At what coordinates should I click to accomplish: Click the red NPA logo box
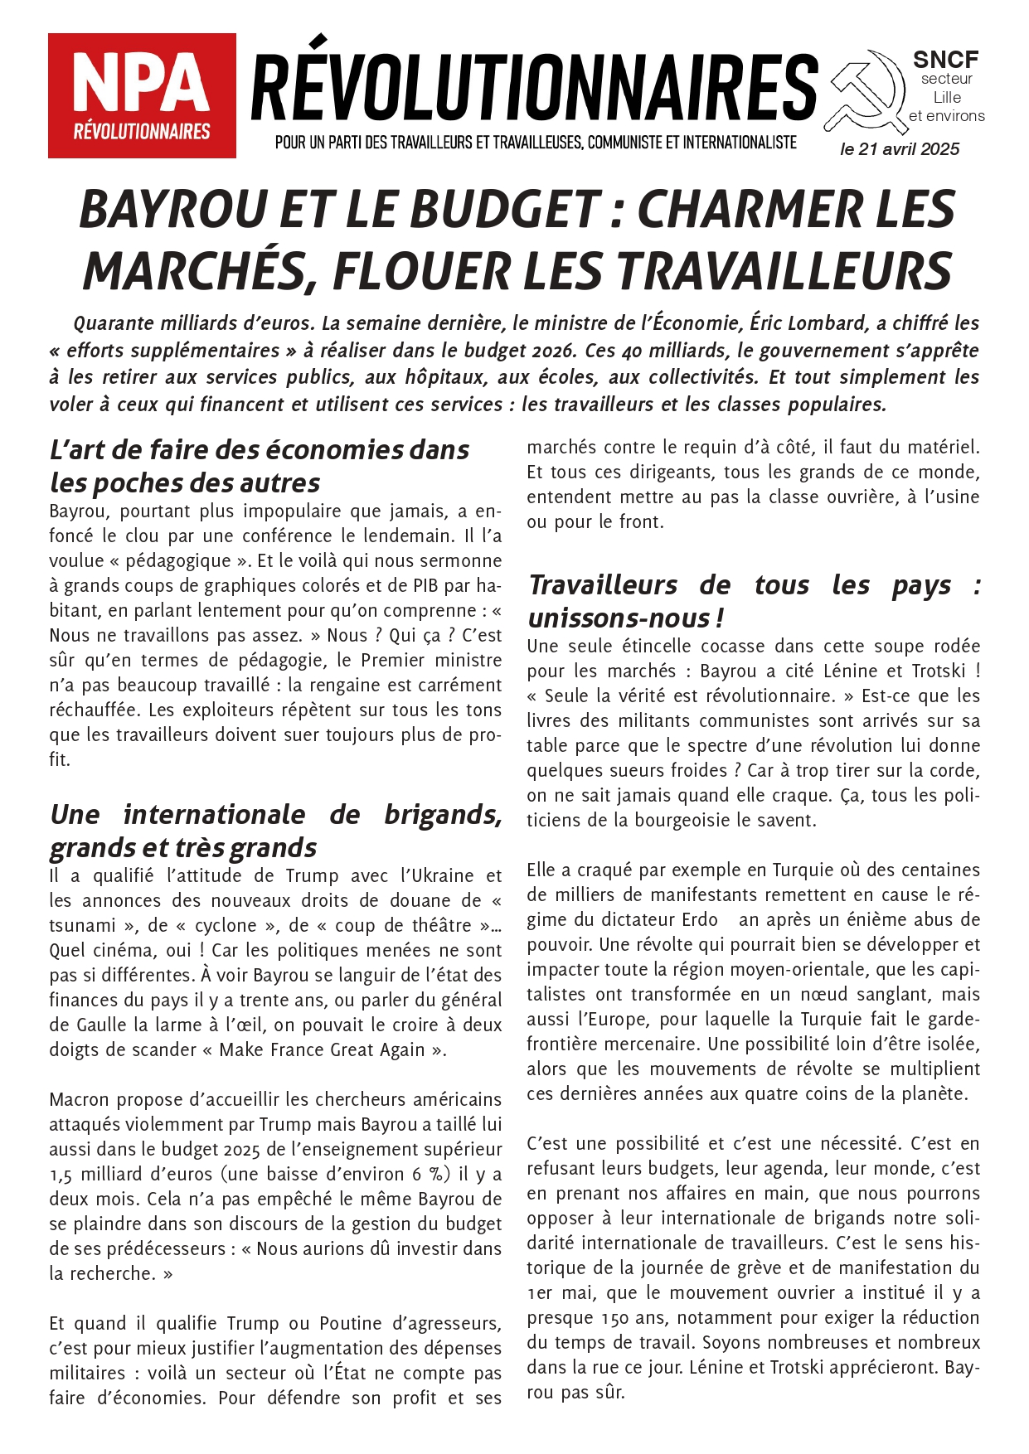pyautogui.click(x=142, y=95)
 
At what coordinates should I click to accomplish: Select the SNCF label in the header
pyautogui.click(x=945, y=60)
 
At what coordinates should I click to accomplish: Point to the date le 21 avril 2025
pyautogui.click(x=900, y=149)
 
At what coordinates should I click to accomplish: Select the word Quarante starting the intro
pyautogui.click(x=114, y=323)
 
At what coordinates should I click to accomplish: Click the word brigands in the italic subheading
pyautogui.click(x=442, y=815)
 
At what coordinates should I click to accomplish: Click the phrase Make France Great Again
pyautogui.click(x=323, y=1050)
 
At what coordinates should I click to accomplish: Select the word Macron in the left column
pyautogui.click(x=78, y=1100)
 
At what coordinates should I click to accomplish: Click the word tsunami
pyautogui.click(x=82, y=926)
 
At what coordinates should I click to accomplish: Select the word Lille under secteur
pyautogui.click(x=947, y=97)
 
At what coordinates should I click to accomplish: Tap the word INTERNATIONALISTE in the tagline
pyautogui.click(x=740, y=143)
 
